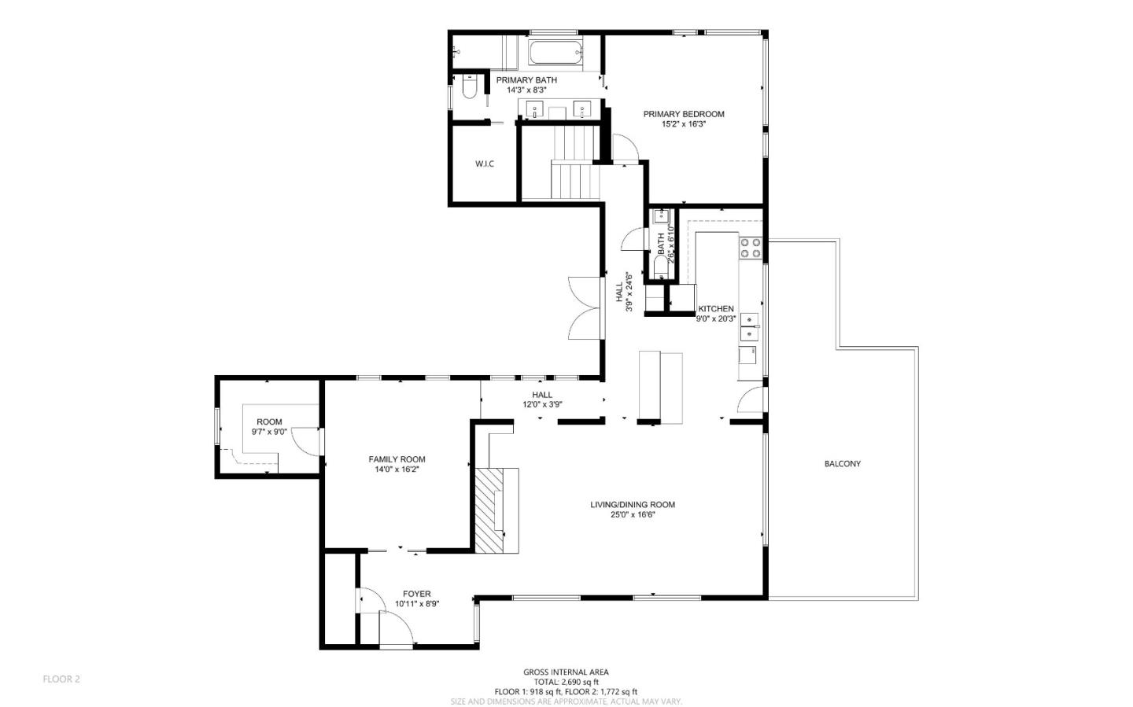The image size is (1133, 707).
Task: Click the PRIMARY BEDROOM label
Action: click(x=683, y=114)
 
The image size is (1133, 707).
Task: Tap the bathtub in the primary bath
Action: click(x=555, y=53)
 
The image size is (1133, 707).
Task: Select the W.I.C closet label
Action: click(x=485, y=164)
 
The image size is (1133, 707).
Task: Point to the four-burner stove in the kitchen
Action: click(x=750, y=249)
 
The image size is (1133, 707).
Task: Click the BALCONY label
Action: click(x=842, y=464)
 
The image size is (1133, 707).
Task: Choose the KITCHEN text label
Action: click(x=716, y=309)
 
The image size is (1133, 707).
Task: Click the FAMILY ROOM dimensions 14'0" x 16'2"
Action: click(x=397, y=469)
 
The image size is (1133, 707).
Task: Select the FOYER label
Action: click(x=416, y=594)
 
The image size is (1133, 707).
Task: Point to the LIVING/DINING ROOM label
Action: click(x=633, y=505)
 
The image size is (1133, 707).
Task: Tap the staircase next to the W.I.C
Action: click(x=574, y=165)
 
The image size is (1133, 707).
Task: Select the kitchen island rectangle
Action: click(x=660, y=387)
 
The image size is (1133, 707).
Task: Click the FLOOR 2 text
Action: click(x=61, y=679)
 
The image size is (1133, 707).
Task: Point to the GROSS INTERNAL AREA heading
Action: click(x=566, y=672)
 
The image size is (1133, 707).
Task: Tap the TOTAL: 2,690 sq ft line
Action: click(x=566, y=682)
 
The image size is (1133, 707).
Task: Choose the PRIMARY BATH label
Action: click(x=526, y=80)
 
